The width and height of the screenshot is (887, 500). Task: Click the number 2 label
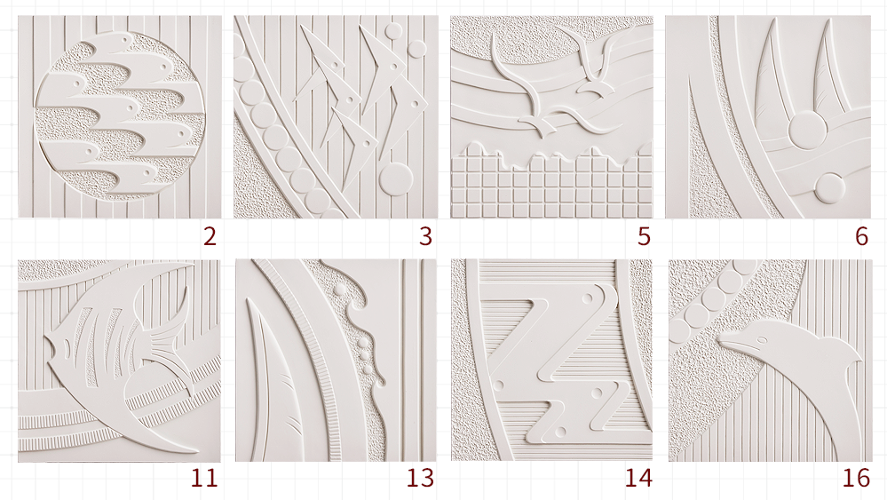(x=210, y=236)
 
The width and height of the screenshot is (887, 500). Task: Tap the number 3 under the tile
(x=426, y=236)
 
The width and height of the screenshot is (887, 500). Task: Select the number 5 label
(x=644, y=236)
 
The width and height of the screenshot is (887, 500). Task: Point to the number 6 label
(x=861, y=236)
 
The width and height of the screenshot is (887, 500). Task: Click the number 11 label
(x=204, y=479)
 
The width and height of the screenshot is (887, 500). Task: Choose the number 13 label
(x=420, y=479)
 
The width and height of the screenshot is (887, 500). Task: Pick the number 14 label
(x=638, y=479)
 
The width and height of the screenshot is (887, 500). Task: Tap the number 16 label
(x=856, y=479)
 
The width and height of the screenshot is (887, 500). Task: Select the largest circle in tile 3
(x=395, y=179)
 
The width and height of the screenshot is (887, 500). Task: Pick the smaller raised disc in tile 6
(x=830, y=187)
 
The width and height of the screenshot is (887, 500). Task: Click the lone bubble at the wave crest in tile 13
(x=341, y=290)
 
